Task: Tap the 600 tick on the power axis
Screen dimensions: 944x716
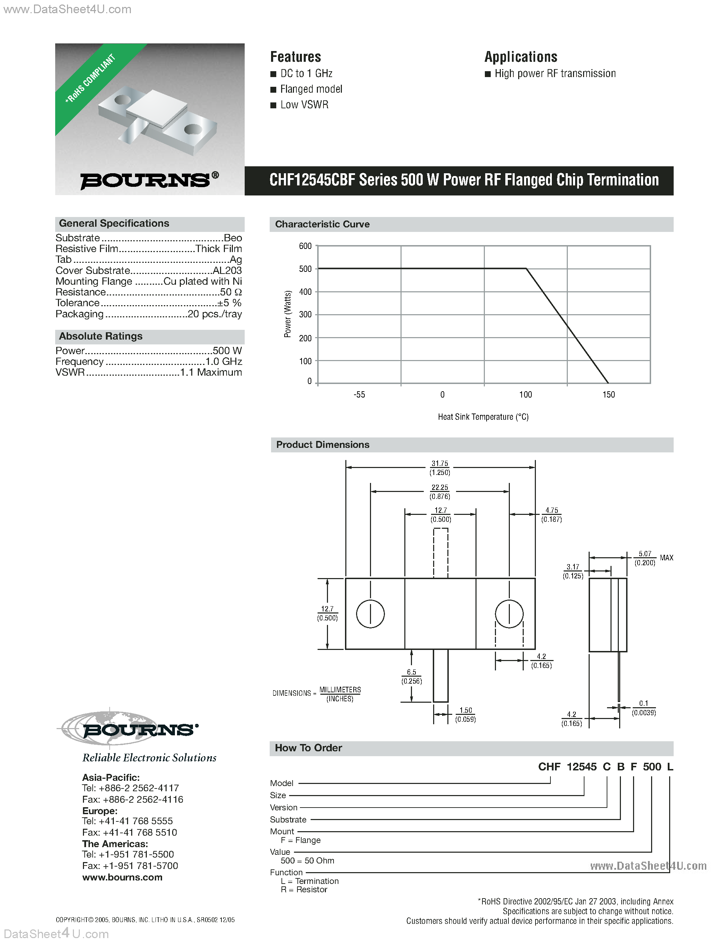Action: [305, 246]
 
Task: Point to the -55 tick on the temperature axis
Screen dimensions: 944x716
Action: [359, 395]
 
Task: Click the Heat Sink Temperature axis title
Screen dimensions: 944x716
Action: [483, 417]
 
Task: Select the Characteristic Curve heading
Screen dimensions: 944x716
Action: [322, 225]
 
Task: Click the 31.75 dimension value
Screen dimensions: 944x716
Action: [439, 463]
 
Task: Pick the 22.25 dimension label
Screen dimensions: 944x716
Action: [439, 487]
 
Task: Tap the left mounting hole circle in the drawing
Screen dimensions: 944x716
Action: [370, 614]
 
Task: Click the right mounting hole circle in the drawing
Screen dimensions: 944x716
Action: [509, 614]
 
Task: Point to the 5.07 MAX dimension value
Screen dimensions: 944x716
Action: [645, 554]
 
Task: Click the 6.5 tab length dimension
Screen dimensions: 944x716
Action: [411, 672]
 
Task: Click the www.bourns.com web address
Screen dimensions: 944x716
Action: [123, 877]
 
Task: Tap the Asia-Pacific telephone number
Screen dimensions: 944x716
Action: [130, 788]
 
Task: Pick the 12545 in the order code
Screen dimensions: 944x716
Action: [582, 767]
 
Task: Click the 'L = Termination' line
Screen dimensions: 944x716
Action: [310, 881]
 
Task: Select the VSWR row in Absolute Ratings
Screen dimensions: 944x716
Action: [149, 373]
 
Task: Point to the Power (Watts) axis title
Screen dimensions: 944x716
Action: [288, 314]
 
